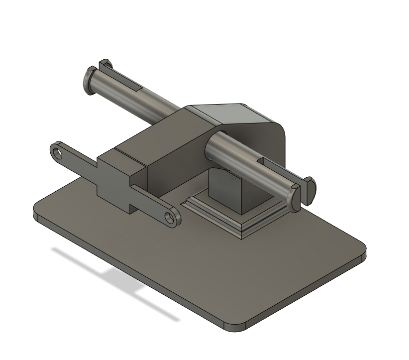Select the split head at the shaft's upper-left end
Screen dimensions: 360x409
click(x=90, y=80)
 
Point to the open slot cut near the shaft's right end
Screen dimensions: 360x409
click(x=271, y=163)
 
